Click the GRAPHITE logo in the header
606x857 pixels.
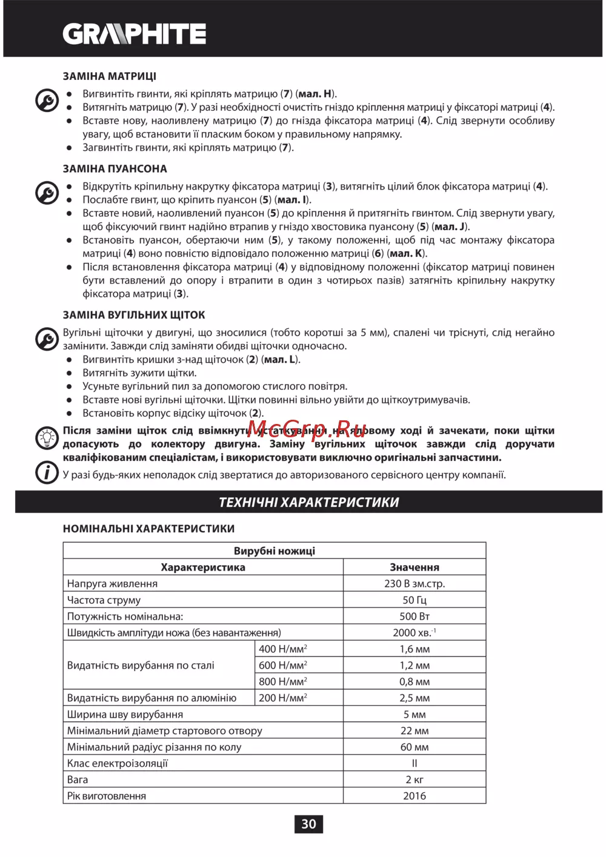135,34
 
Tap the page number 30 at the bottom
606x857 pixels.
308,824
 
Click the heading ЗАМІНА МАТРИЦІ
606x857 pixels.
110,76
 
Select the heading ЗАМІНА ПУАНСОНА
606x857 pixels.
115,169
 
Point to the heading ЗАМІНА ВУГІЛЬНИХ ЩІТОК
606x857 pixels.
134,315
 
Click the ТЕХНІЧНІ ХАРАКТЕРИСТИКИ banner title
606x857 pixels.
308,502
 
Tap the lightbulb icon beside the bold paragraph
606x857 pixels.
47,438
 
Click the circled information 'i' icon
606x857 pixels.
47,472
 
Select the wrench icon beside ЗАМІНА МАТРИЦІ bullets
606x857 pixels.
47,101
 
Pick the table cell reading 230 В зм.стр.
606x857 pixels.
415,584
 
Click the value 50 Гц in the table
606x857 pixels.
415,600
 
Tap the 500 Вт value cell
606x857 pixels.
415,617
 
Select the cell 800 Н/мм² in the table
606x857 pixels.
283,681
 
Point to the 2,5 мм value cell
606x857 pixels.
415,698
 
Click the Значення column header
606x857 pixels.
415,567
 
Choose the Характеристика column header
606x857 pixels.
203,567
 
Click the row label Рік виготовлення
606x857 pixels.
107,796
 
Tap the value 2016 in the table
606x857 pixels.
415,796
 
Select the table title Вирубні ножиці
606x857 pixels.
275,551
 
